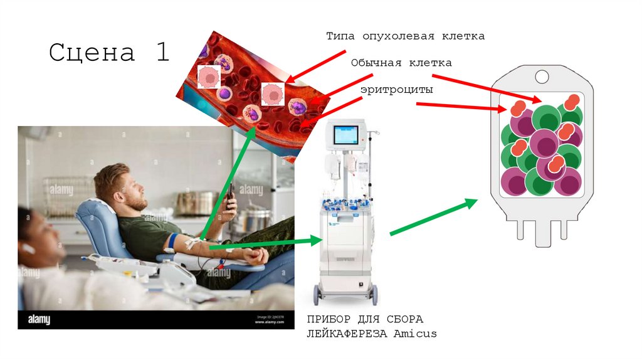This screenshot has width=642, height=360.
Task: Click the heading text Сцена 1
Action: (110, 52)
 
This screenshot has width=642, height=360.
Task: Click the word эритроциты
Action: (396, 90)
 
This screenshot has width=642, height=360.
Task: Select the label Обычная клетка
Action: (401, 63)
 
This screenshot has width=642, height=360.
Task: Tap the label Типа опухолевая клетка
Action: (405, 36)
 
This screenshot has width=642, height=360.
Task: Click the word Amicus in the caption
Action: (415, 334)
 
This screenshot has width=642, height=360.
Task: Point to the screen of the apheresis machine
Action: (345, 135)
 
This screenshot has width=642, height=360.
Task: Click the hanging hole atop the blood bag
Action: (541, 77)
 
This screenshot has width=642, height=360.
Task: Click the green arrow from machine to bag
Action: (433, 217)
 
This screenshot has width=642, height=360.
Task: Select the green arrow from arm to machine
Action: (263, 244)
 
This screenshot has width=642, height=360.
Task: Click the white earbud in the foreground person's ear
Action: (27, 248)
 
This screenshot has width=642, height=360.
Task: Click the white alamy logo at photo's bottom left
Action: (39, 320)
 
